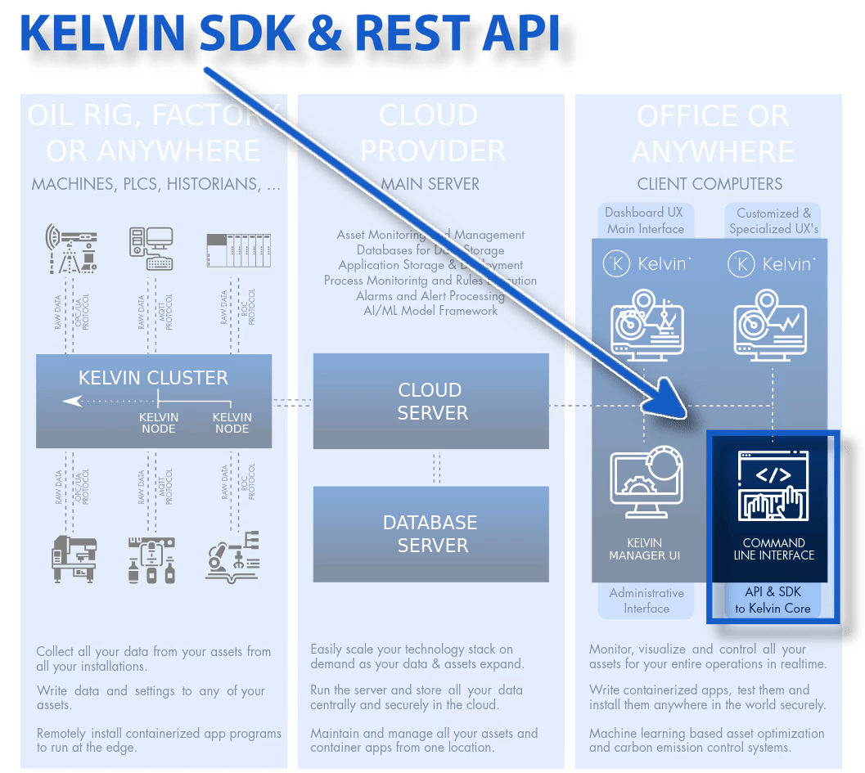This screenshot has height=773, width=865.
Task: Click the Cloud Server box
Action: [x=431, y=401]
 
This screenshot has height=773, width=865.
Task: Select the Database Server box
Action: [x=431, y=533]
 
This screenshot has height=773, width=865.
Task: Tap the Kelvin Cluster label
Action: [x=153, y=378]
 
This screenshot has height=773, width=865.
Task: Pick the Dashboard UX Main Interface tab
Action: [x=645, y=220]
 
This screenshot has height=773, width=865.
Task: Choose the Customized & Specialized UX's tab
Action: [x=773, y=220]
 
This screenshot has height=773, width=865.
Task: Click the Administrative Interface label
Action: [x=646, y=600]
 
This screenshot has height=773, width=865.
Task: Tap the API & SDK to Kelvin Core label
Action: [x=773, y=600]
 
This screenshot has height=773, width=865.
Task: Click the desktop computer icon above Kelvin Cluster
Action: [x=151, y=248]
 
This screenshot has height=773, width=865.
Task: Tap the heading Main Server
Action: [x=430, y=184]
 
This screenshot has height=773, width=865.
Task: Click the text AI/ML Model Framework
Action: [x=430, y=310]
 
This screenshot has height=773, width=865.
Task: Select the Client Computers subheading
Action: [x=710, y=184]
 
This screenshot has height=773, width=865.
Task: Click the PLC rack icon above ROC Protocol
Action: [x=237, y=250]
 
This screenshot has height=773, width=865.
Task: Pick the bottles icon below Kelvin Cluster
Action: [x=151, y=560]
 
